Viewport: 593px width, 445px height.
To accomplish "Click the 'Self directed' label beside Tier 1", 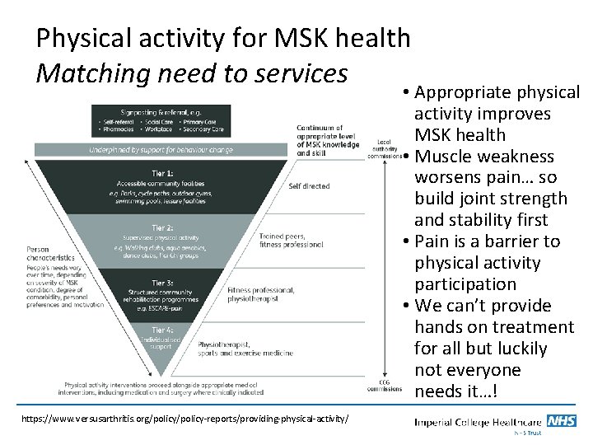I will (x=309, y=186).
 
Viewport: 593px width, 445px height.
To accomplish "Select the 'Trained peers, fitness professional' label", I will (x=303, y=240).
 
